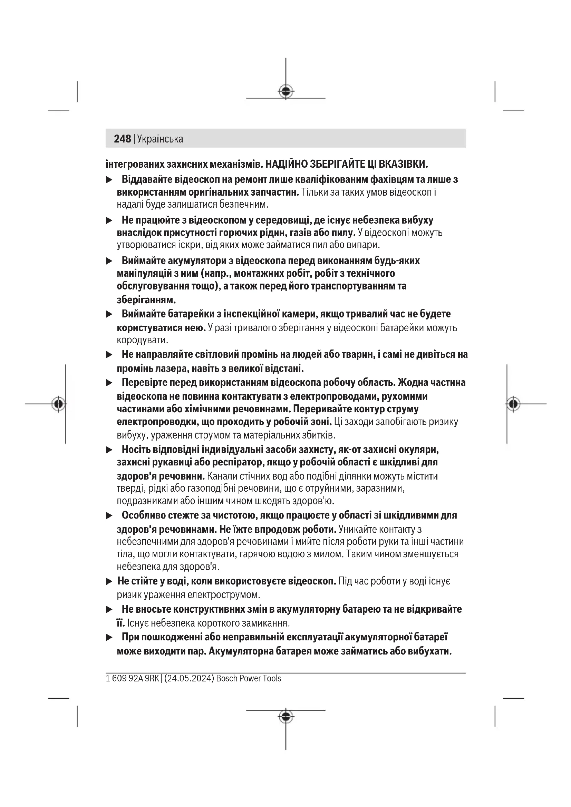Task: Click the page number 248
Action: [x=122, y=139]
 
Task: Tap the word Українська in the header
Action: [x=160, y=139]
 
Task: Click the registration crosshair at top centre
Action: [x=286, y=92]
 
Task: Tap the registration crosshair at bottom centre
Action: [x=286, y=716]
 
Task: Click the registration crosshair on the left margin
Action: [x=59, y=404]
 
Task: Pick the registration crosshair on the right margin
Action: [x=513, y=404]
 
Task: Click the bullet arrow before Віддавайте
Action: [x=109, y=180]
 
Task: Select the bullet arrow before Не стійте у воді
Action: [x=109, y=582]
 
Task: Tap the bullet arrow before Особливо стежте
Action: [x=109, y=515]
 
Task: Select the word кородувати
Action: [x=142, y=340]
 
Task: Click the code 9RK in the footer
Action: [x=152, y=678]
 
